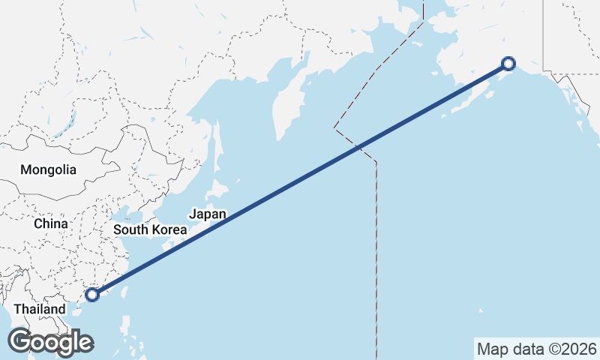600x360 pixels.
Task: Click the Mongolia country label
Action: (48, 169)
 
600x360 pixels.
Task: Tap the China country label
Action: (51, 223)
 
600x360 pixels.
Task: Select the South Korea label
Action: (149, 229)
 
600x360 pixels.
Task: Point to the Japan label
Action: (207, 214)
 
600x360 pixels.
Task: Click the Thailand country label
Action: (39, 309)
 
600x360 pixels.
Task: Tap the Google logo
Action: (50, 342)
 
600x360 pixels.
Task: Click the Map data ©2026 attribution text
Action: (536, 349)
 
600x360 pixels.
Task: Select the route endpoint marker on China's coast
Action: (92, 295)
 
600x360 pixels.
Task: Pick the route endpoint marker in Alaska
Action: (508, 64)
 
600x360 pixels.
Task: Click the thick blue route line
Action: (300, 179)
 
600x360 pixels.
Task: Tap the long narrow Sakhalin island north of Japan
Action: (218, 142)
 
